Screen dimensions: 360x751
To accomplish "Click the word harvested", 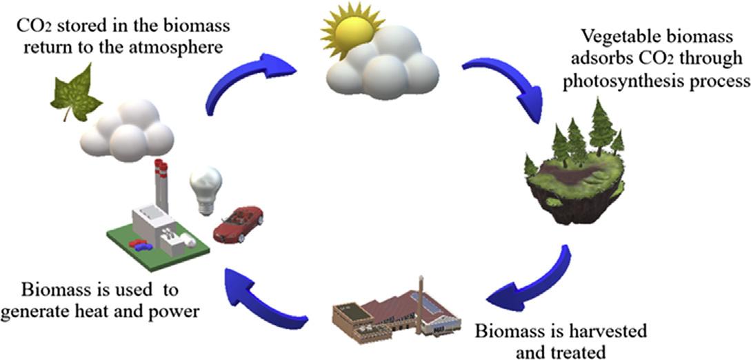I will pyautogui.click(x=608, y=332).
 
